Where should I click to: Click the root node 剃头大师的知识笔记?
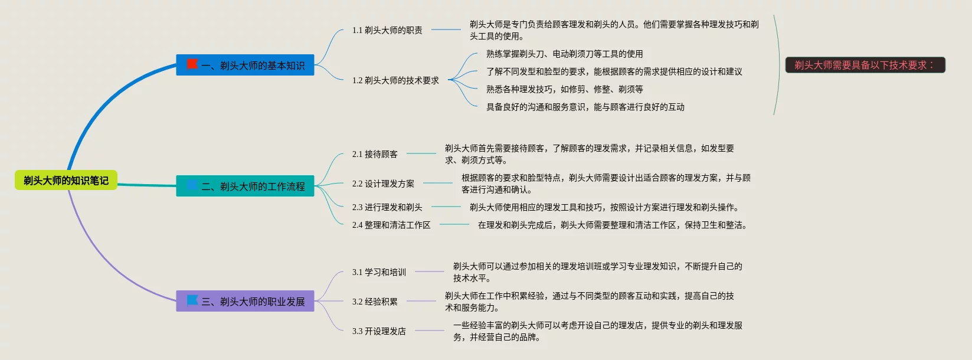click(66, 181)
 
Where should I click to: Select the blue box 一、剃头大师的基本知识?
click(245, 65)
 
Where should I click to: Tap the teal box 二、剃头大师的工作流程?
click(245, 186)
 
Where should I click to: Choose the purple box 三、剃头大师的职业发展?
click(245, 301)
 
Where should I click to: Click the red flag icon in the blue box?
click(192, 64)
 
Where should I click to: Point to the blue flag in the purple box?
click(192, 300)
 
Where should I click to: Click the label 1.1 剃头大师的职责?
click(387, 30)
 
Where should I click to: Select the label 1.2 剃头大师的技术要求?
click(395, 80)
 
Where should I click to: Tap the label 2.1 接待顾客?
click(375, 154)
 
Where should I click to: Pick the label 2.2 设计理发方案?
click(383, 184)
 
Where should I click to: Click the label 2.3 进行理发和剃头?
click(387, 207)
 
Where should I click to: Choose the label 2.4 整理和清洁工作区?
click(391, 225)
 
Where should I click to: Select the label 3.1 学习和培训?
click(379, 272)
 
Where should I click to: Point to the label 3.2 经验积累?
click(375, 302)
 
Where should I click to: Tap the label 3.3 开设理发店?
click(379, 331)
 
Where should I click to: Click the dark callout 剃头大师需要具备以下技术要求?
click(865, 65)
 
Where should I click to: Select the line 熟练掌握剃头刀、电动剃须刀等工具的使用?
click(564, 54)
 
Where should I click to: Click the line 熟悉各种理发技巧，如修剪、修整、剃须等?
click(564, 89)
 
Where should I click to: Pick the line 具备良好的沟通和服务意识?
click(585, 107)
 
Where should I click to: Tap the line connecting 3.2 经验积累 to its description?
click(421, 301)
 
